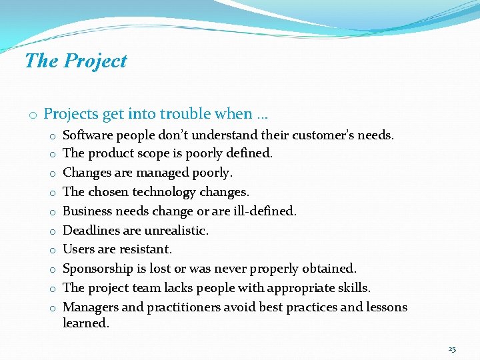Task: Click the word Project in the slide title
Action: [x=95, y=61]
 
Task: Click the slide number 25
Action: [x=452, y=349]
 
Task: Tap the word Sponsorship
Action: [x=98, y=269]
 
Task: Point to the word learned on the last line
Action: [x=86, y=323]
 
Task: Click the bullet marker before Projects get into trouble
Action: [x=32, y=115]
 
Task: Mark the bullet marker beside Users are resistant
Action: [x=51, y=251]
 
